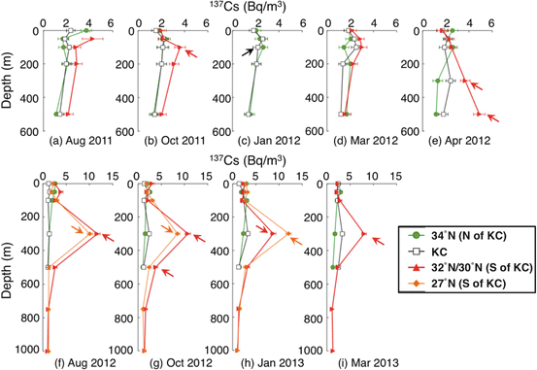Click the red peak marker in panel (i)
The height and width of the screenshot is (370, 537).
(364, 234)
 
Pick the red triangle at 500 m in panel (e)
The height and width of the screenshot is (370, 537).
(478, 114)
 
